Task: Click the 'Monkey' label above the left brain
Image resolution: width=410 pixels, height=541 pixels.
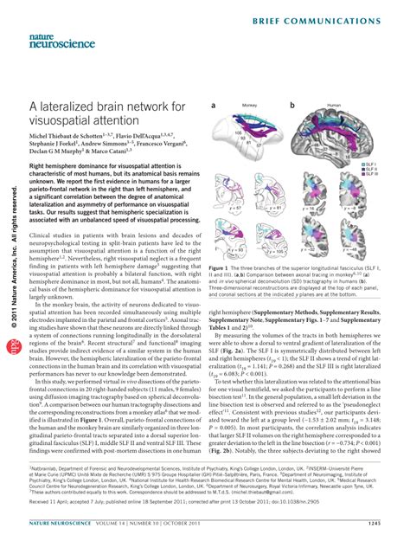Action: click(250, 105)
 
